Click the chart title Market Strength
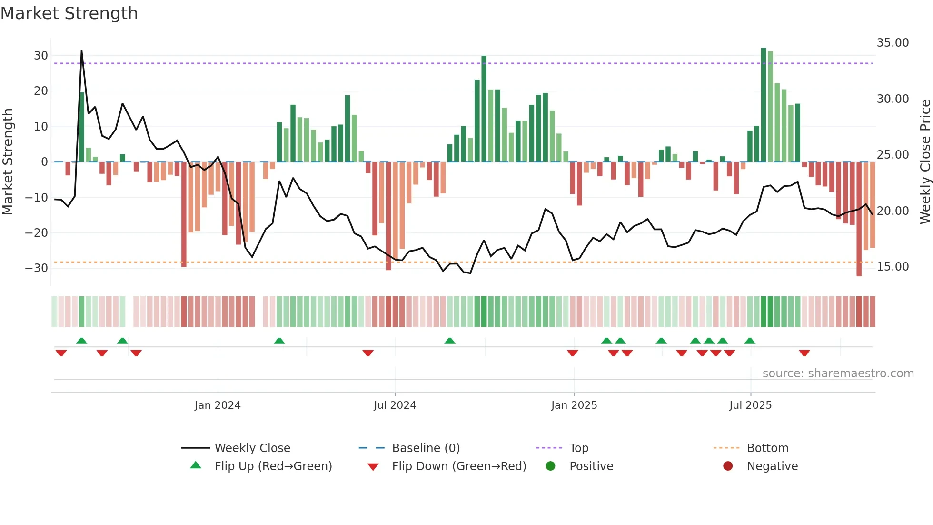[69, 13]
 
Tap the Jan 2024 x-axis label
[218, 405]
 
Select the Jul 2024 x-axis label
[395, 405]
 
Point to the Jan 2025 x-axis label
[574, 405]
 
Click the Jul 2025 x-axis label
[750, 405]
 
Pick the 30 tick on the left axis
[41, 56]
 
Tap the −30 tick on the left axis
[37, 268]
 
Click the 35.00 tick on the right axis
[893, 43]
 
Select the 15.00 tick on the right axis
[893, 267]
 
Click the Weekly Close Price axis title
[925, 162]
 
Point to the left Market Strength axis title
[8, 162]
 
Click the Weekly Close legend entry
[252, 448]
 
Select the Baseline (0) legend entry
[426, 448]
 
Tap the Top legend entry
[578, 448]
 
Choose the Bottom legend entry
[767, 448]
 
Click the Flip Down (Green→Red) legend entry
[459, 466]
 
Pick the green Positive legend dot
[550, 466]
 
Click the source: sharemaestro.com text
[838, 374]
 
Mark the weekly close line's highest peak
[81, 51]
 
